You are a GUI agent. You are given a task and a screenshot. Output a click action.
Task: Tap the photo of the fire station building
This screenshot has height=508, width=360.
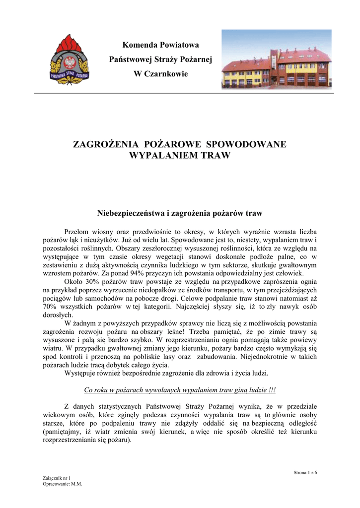277,60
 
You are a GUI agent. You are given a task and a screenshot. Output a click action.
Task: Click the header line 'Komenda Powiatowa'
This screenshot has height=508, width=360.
160,45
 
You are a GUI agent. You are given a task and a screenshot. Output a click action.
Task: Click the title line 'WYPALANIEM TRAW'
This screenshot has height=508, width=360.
180,156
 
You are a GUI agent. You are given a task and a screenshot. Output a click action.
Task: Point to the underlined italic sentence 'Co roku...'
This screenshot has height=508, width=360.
180,389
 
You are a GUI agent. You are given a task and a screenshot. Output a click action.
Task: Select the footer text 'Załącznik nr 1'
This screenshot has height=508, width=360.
57,478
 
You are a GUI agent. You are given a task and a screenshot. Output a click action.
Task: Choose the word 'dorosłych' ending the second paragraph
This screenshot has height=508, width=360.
58,315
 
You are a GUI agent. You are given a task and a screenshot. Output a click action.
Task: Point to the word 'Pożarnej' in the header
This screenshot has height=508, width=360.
198,60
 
